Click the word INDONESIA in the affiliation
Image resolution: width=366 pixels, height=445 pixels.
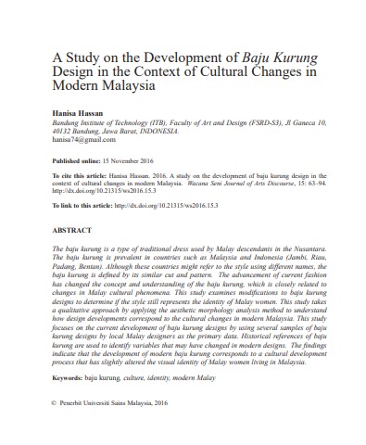pos(170,130)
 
